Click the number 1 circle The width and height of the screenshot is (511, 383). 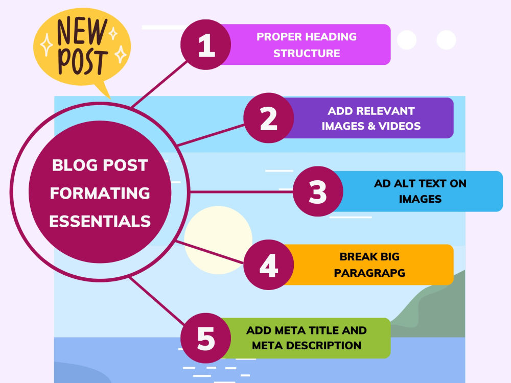coord(205,44)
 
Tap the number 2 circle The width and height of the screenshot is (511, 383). coord(269,118)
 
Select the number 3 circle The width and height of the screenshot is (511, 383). coord(318,191)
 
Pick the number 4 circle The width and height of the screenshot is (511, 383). coord(269,265)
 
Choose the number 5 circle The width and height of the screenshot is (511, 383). coord(205,338)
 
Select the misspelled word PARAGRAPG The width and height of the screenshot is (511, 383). coord(369,273)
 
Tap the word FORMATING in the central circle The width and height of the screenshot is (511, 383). coord(100,193)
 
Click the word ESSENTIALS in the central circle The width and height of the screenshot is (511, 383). coord(100,222)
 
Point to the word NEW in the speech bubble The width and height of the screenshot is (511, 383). coord(82,31)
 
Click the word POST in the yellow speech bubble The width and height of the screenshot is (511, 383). coord(82,62)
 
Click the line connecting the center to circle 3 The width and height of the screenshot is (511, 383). coord(242,192)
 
